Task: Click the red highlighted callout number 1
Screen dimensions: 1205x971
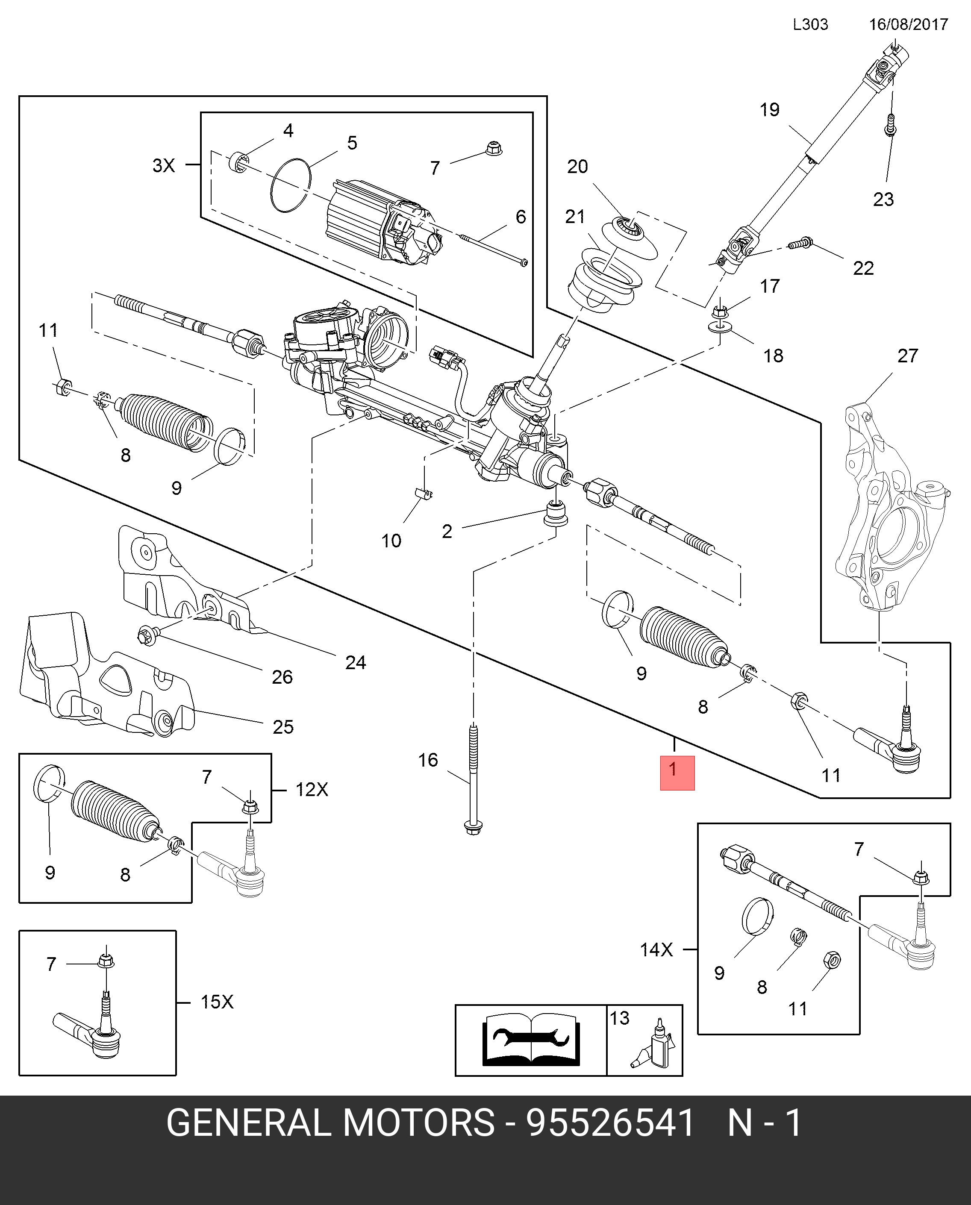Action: coord(677,772)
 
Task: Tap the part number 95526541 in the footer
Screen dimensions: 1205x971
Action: coord(610,1122)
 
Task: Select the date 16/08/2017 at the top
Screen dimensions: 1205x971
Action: coord(908,25)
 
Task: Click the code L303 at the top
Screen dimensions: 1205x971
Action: coord(810,25)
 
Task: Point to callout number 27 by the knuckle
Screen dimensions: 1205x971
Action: coord(907,356)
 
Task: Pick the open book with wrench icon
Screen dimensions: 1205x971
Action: coord(530,1040)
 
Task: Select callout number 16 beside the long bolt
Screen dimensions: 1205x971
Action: coord(428,760)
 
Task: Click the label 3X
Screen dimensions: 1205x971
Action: coord(164,165)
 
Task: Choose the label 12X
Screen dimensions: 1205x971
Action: coord(312,790)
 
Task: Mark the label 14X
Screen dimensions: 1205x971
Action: coord(656,949)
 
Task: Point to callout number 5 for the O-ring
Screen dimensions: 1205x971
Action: coord(352,143)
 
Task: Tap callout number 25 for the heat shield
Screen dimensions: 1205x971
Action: coord(283,727)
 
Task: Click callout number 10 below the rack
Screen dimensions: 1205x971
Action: coord(391,541)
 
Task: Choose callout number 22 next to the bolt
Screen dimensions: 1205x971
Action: coord(863,268)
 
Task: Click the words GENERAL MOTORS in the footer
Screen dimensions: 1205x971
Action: coord(330,1122)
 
